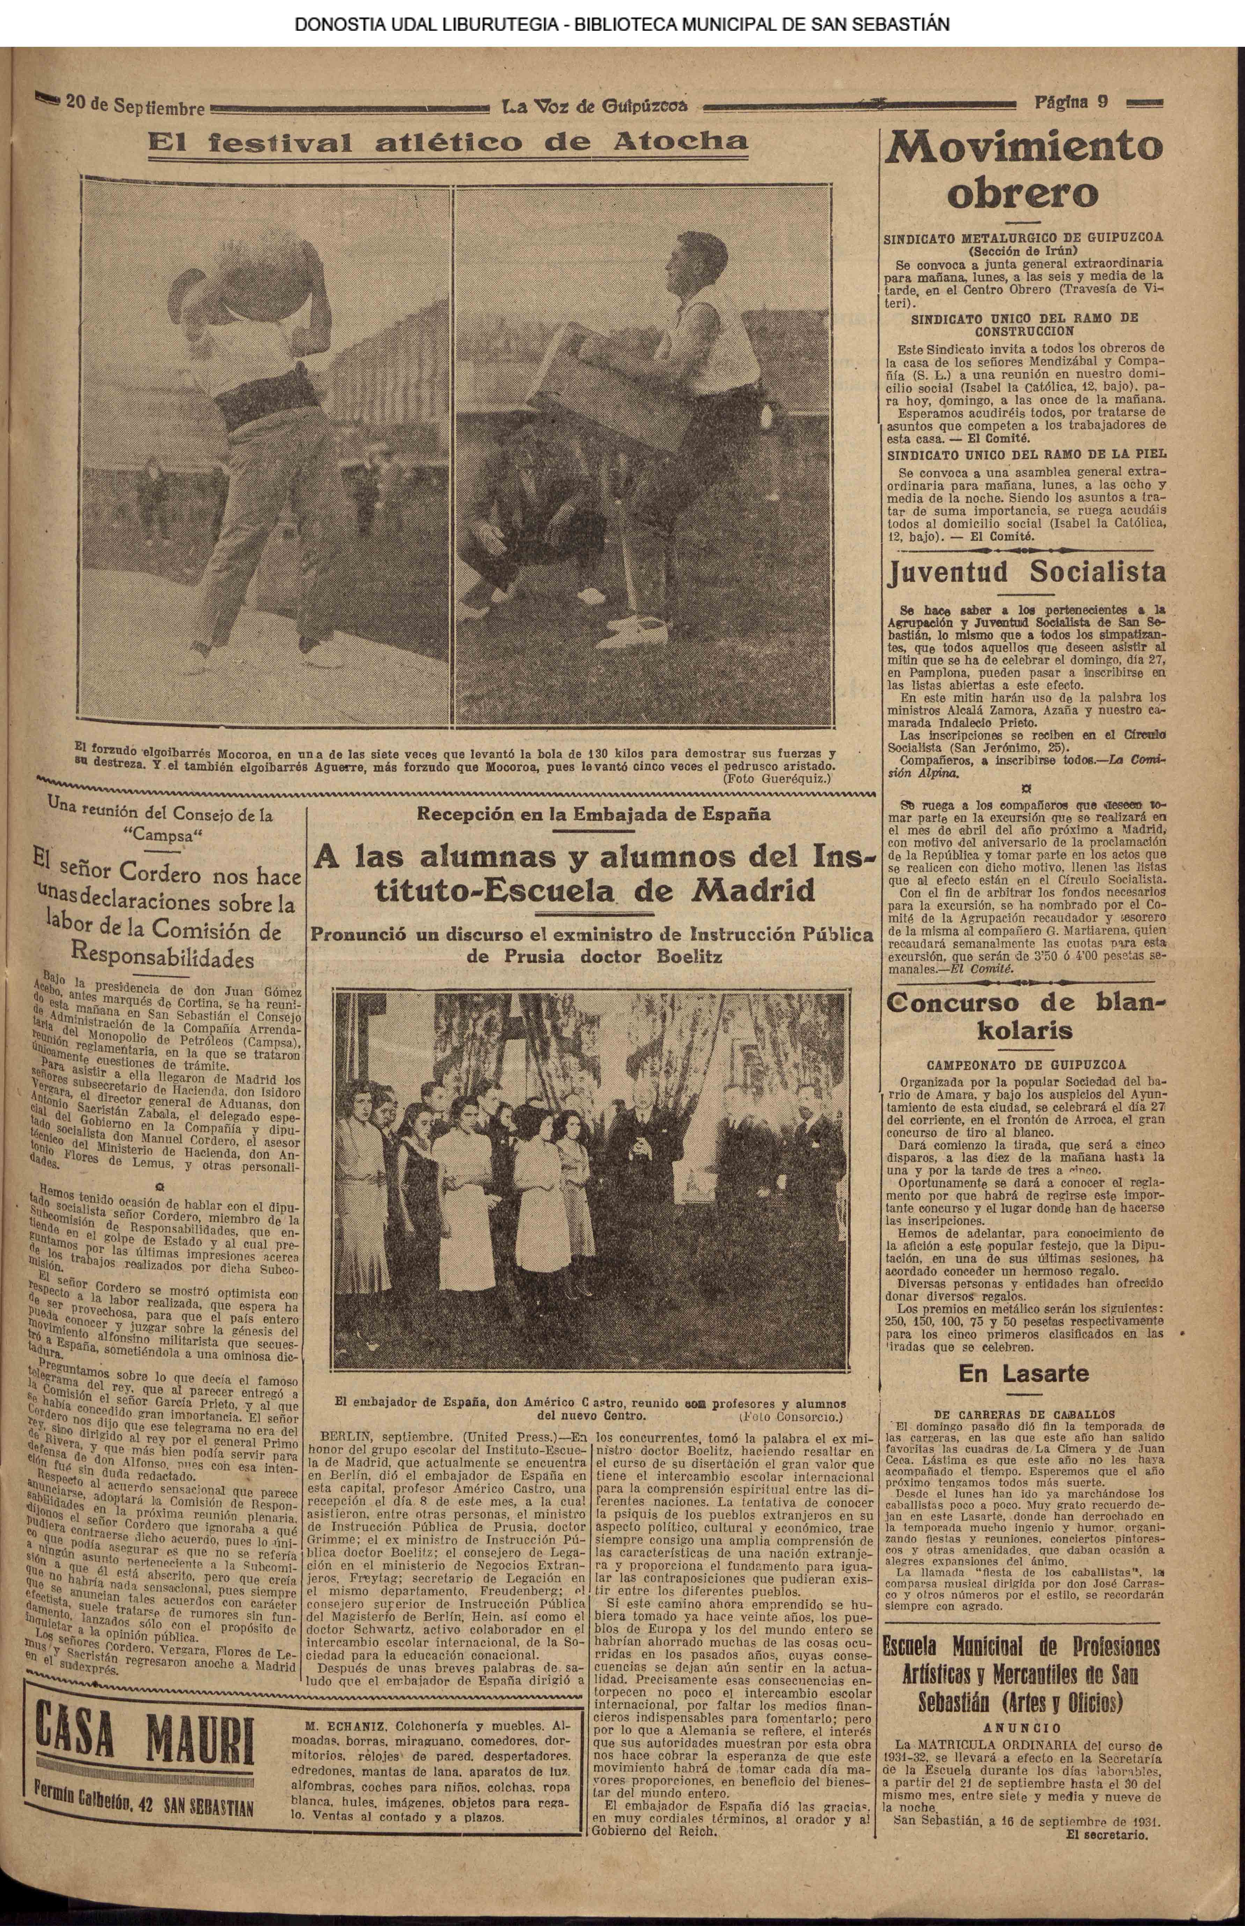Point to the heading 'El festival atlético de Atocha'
(x=448, y=143)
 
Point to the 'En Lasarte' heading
(x=1024, y=1373)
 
